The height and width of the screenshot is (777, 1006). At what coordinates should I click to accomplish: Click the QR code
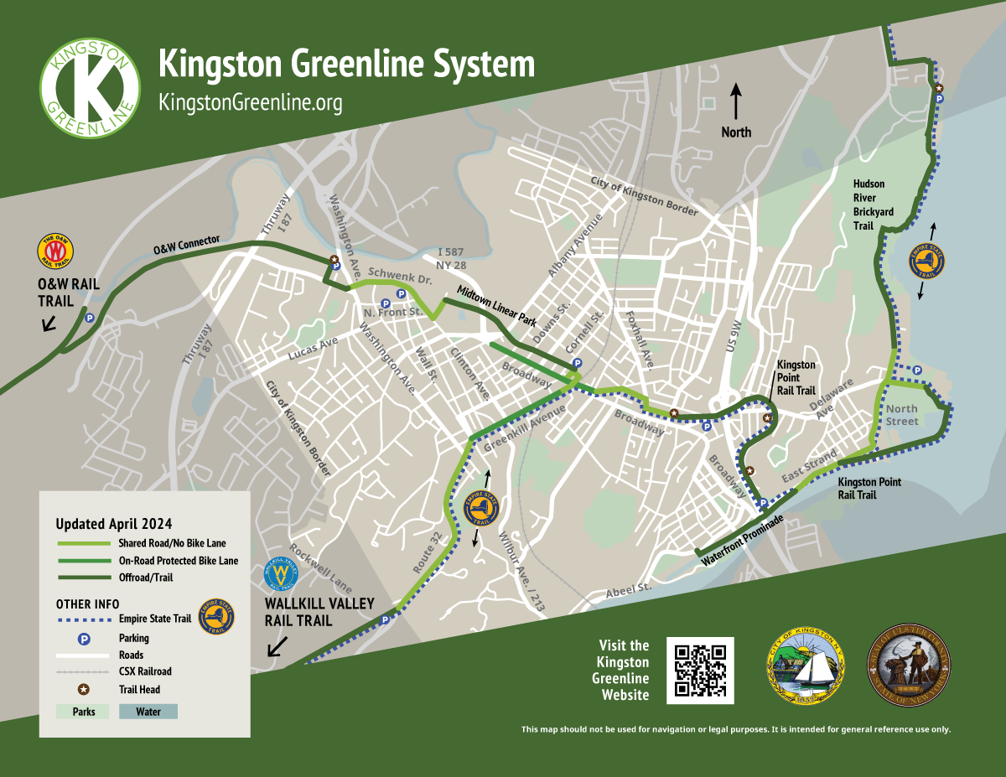(700, 670)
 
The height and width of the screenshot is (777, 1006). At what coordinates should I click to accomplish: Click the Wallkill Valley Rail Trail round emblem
(283, 575)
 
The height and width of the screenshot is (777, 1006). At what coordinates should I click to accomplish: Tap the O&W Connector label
(186, 245)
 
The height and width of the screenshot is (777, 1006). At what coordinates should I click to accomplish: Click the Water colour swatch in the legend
(148, 712)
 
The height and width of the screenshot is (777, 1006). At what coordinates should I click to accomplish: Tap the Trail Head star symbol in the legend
(84, 689)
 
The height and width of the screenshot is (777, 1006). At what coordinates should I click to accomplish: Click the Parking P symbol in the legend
(84, 638)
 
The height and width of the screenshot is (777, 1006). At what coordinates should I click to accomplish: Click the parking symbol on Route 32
(385, 620)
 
